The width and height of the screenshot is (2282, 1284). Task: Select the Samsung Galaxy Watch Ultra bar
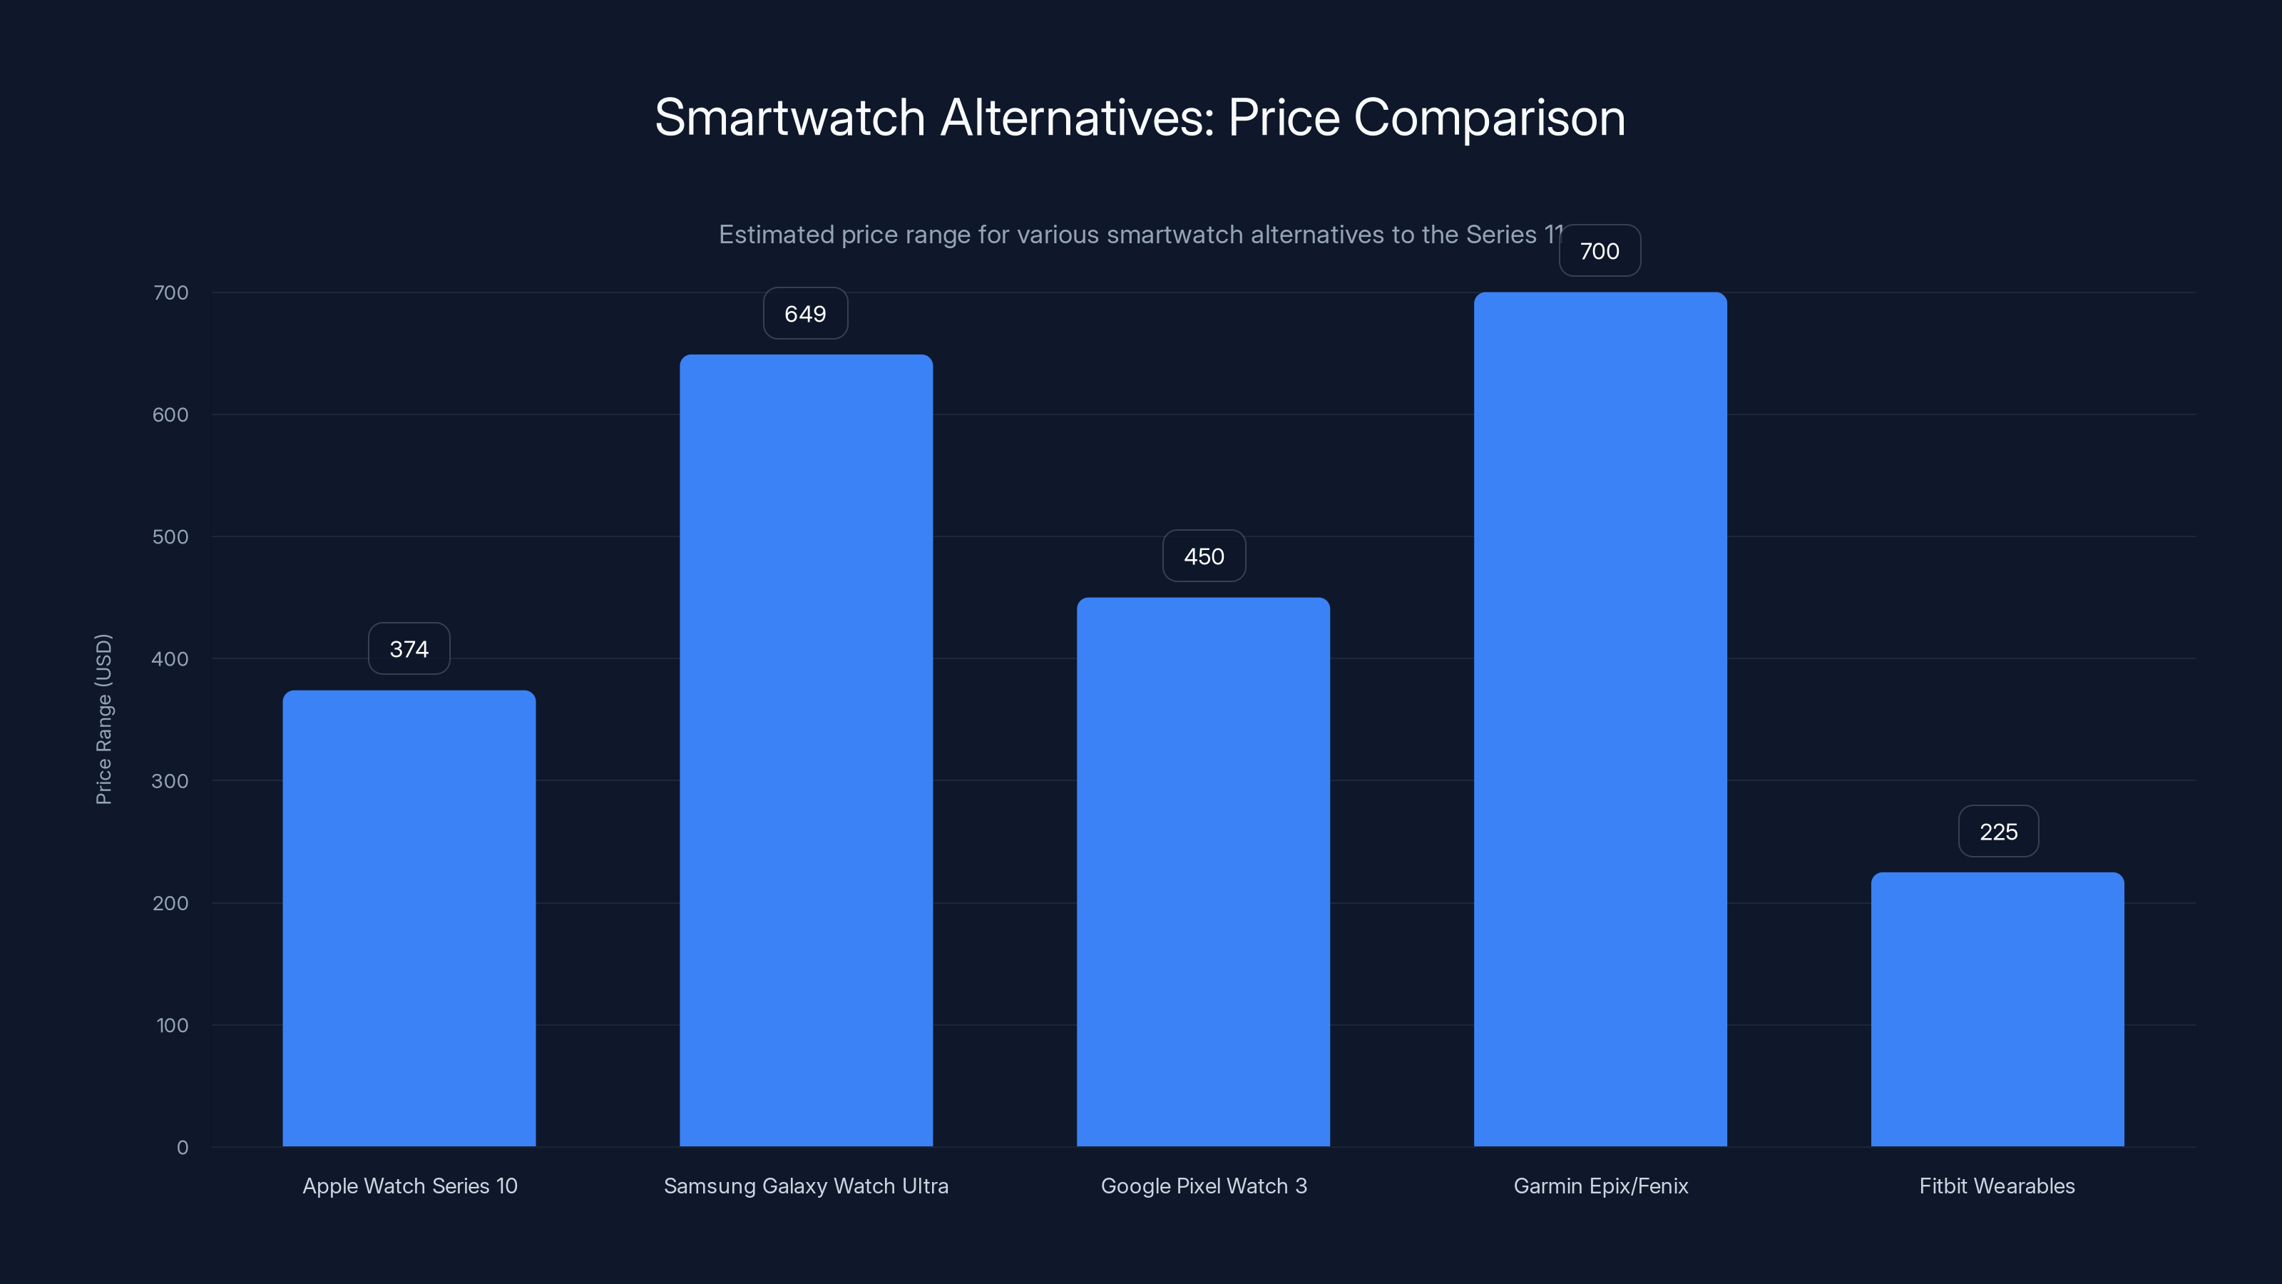pos(805,750)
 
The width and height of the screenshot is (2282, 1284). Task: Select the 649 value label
pos(805,314)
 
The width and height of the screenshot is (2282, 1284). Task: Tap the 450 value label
pos(1204,556)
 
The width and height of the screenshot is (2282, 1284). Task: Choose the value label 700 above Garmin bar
pos(1599,251)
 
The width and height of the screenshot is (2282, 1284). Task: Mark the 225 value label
pos(1997,831)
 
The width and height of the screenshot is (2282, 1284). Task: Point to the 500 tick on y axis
pos(170,537)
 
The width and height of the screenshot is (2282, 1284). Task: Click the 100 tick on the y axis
pos(172,1025)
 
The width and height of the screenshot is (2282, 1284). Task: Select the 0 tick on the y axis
pos(182,1148)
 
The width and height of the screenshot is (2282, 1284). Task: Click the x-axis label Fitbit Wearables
pos(1997,1186)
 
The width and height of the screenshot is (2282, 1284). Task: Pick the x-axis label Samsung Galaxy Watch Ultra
pos(805,1186)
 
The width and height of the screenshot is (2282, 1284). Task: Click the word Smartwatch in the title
pos(789,118)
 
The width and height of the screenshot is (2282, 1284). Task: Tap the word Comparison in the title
pos(1488,118)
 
